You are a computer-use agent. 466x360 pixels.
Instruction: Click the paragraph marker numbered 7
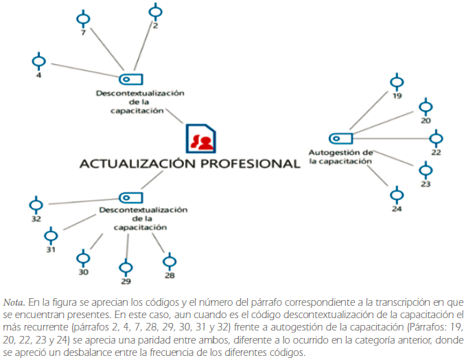pyautogui.click(x=83, y=18)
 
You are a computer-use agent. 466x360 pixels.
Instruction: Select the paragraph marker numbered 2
pyautogui.click(x=154, y=12)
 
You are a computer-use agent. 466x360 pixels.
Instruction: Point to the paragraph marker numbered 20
pyautogui.click(x=426, y=107)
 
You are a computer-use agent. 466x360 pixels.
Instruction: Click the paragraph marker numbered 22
pyautogui.click(x=436, y=139)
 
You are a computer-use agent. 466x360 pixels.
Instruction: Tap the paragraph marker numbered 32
pyautogui.click(x=36, y=205)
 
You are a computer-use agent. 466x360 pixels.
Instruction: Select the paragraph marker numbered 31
pyautogui.click(x=51, y=236)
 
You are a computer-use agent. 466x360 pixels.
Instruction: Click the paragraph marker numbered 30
pyautogui.click(x=83, y=259)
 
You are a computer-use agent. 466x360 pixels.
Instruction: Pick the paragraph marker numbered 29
pyautogui.click(x=126, y=267)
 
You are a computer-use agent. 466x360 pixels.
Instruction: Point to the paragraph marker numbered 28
pyautogui.click(x=169, y=261)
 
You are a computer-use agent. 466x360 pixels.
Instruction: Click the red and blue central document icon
pyautogui.click(x=200, y=139)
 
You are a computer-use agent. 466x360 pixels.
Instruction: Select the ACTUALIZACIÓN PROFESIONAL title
pyautogui.click(x=189, y=164)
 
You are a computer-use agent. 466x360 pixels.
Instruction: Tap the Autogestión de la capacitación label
pyautogui.click(x=340, y=157)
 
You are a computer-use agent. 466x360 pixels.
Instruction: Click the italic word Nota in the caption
pyautogui.click(x=13, y=302)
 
